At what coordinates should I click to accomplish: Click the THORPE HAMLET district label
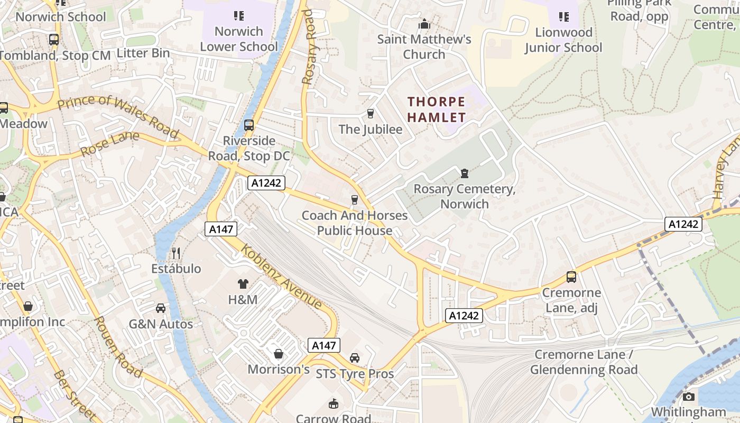(x=437, y=109)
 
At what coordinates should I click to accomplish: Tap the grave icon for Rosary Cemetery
(x=465, y=173)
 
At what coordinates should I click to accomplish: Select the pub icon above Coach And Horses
(x=355, y=199)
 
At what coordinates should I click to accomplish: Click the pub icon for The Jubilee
(x=370, y=113)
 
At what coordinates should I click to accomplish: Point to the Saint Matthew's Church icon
(x=424, y=24)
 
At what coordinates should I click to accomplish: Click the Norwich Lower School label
(x=239, y=39)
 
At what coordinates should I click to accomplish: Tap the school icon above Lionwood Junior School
(x=563, y=17)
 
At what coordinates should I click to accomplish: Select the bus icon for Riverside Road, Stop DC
(x=249, y=125)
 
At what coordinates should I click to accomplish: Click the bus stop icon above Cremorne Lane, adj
(x=571, y=277)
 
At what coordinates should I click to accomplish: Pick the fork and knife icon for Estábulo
(x=176, y=253)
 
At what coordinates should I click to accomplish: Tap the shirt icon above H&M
(x=243, y=284)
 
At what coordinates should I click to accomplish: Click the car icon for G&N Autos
(x=161, y=308)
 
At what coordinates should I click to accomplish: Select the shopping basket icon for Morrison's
(x=279, y=353)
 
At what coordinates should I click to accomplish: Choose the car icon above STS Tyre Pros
(x=355, y=358)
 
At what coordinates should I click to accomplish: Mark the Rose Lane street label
(x=110, y=144)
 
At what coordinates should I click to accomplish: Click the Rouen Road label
(x=117, y=347)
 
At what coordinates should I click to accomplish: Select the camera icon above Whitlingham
(x=688, y=397)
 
